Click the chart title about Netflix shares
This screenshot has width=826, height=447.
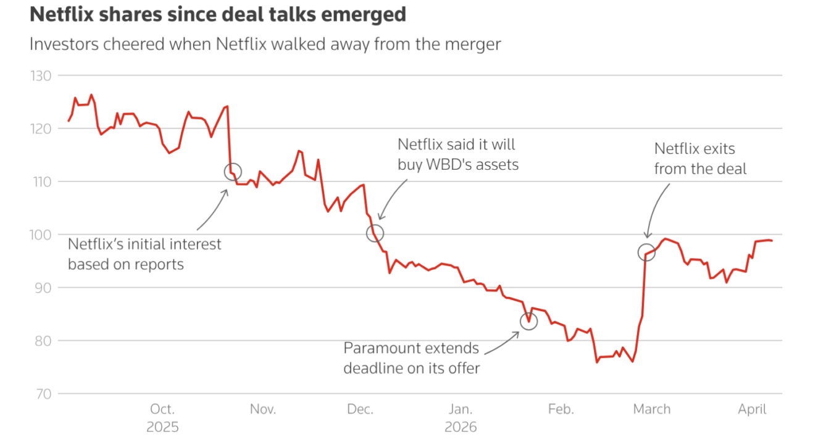218,15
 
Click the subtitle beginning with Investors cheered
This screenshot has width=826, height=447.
265,44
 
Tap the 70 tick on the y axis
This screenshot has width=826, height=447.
43,393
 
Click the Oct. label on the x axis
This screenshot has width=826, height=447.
163,409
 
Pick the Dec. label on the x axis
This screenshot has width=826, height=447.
360,409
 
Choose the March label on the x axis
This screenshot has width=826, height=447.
651,409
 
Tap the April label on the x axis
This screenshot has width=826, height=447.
752,409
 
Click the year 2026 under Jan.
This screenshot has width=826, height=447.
461,427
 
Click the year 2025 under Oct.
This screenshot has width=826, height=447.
163,427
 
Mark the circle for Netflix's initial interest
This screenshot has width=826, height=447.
233,172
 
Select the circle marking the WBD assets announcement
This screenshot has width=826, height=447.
375,233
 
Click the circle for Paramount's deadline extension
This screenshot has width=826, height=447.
528,321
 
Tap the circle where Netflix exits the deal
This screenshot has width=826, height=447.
646,252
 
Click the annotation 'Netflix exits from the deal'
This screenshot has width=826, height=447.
700,159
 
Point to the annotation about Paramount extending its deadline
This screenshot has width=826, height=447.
411,357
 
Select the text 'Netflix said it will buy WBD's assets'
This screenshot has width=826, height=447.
457,154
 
